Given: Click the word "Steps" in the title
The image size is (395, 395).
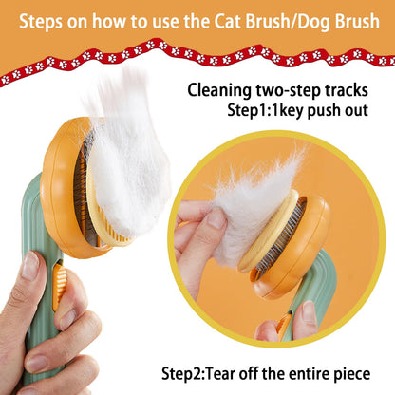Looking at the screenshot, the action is [40, 22].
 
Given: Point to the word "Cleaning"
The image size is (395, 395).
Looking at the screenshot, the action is [219, 90].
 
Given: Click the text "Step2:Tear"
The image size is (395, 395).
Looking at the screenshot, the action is [198, 374].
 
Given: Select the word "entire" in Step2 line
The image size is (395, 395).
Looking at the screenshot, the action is [306, 374].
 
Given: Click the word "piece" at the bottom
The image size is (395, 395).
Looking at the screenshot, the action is [351, 374].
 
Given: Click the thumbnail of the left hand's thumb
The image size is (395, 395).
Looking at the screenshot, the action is [30, 266].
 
